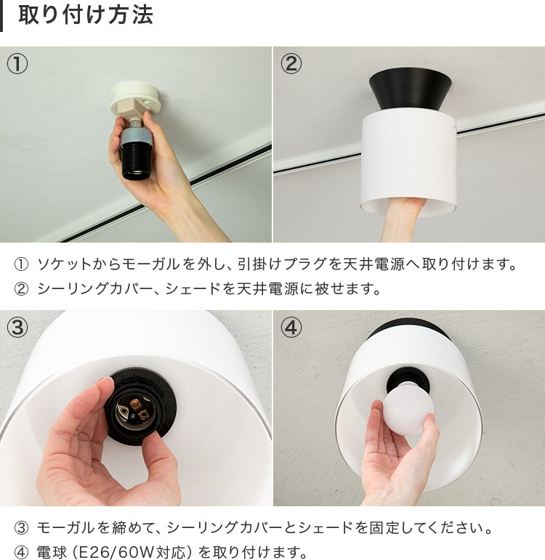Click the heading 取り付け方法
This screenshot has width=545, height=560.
click(86, 15)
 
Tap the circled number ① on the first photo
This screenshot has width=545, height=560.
click(17, 64)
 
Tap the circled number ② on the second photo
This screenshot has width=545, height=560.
click(291, 64)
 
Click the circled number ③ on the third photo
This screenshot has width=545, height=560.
click(17, 328)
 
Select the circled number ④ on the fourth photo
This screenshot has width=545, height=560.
click(291, 328)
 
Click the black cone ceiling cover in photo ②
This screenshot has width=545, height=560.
click(411, 90)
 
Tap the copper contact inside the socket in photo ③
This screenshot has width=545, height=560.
click(134, 404)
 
